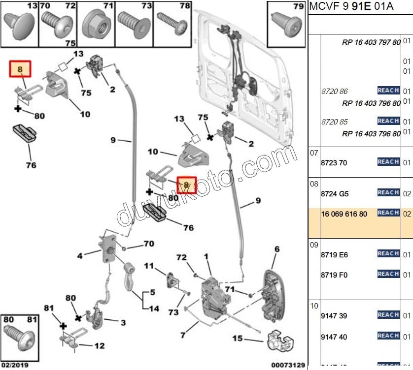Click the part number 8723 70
334,162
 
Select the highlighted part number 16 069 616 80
344,214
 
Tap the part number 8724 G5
334,194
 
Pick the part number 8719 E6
334,255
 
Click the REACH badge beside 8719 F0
388,274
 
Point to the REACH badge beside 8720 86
388,91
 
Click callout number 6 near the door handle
277,249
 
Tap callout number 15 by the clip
238,339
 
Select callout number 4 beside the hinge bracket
80,255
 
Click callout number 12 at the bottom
99,346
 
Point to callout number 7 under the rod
183,336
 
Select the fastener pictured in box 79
285,22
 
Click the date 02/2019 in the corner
15,366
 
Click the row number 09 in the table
314,244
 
